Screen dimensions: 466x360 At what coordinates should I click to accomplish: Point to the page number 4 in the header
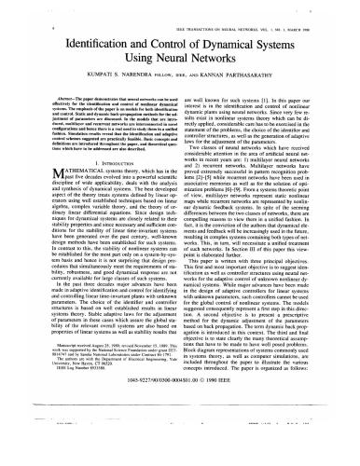tap(21, 7)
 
